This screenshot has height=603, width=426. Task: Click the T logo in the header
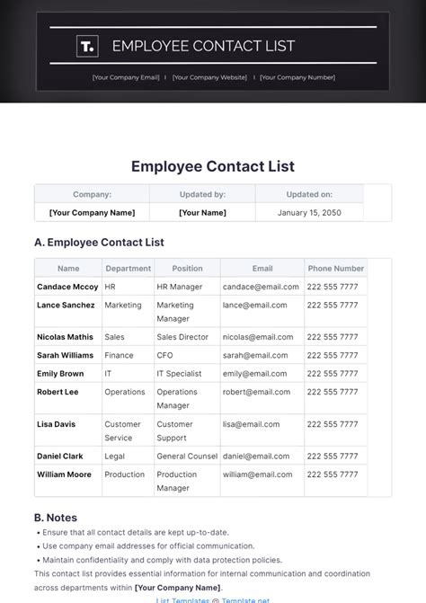point(86,46)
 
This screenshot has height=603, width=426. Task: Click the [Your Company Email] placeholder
point(126,77)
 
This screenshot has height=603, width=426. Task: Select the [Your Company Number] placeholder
point(297,77)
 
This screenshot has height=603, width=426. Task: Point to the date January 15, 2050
point(308,213)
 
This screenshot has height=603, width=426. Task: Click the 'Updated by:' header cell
point(201,194)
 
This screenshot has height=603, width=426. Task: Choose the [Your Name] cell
point(201,213)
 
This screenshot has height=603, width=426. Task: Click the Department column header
point(129,269)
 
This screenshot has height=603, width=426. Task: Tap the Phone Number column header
point(336,269)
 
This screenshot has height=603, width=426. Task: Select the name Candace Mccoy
point(67,287)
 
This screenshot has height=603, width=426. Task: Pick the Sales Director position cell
point(182,337)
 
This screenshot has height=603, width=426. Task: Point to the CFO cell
point(165,356)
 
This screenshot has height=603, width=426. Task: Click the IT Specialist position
point(182,374)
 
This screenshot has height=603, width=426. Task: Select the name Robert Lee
point(58,392)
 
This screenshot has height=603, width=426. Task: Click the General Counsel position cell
point(187,457)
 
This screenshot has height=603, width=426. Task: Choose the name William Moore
point(64,474)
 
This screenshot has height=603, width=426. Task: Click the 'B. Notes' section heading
point(56,518)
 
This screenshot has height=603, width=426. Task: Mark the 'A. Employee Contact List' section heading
point(99,243)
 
